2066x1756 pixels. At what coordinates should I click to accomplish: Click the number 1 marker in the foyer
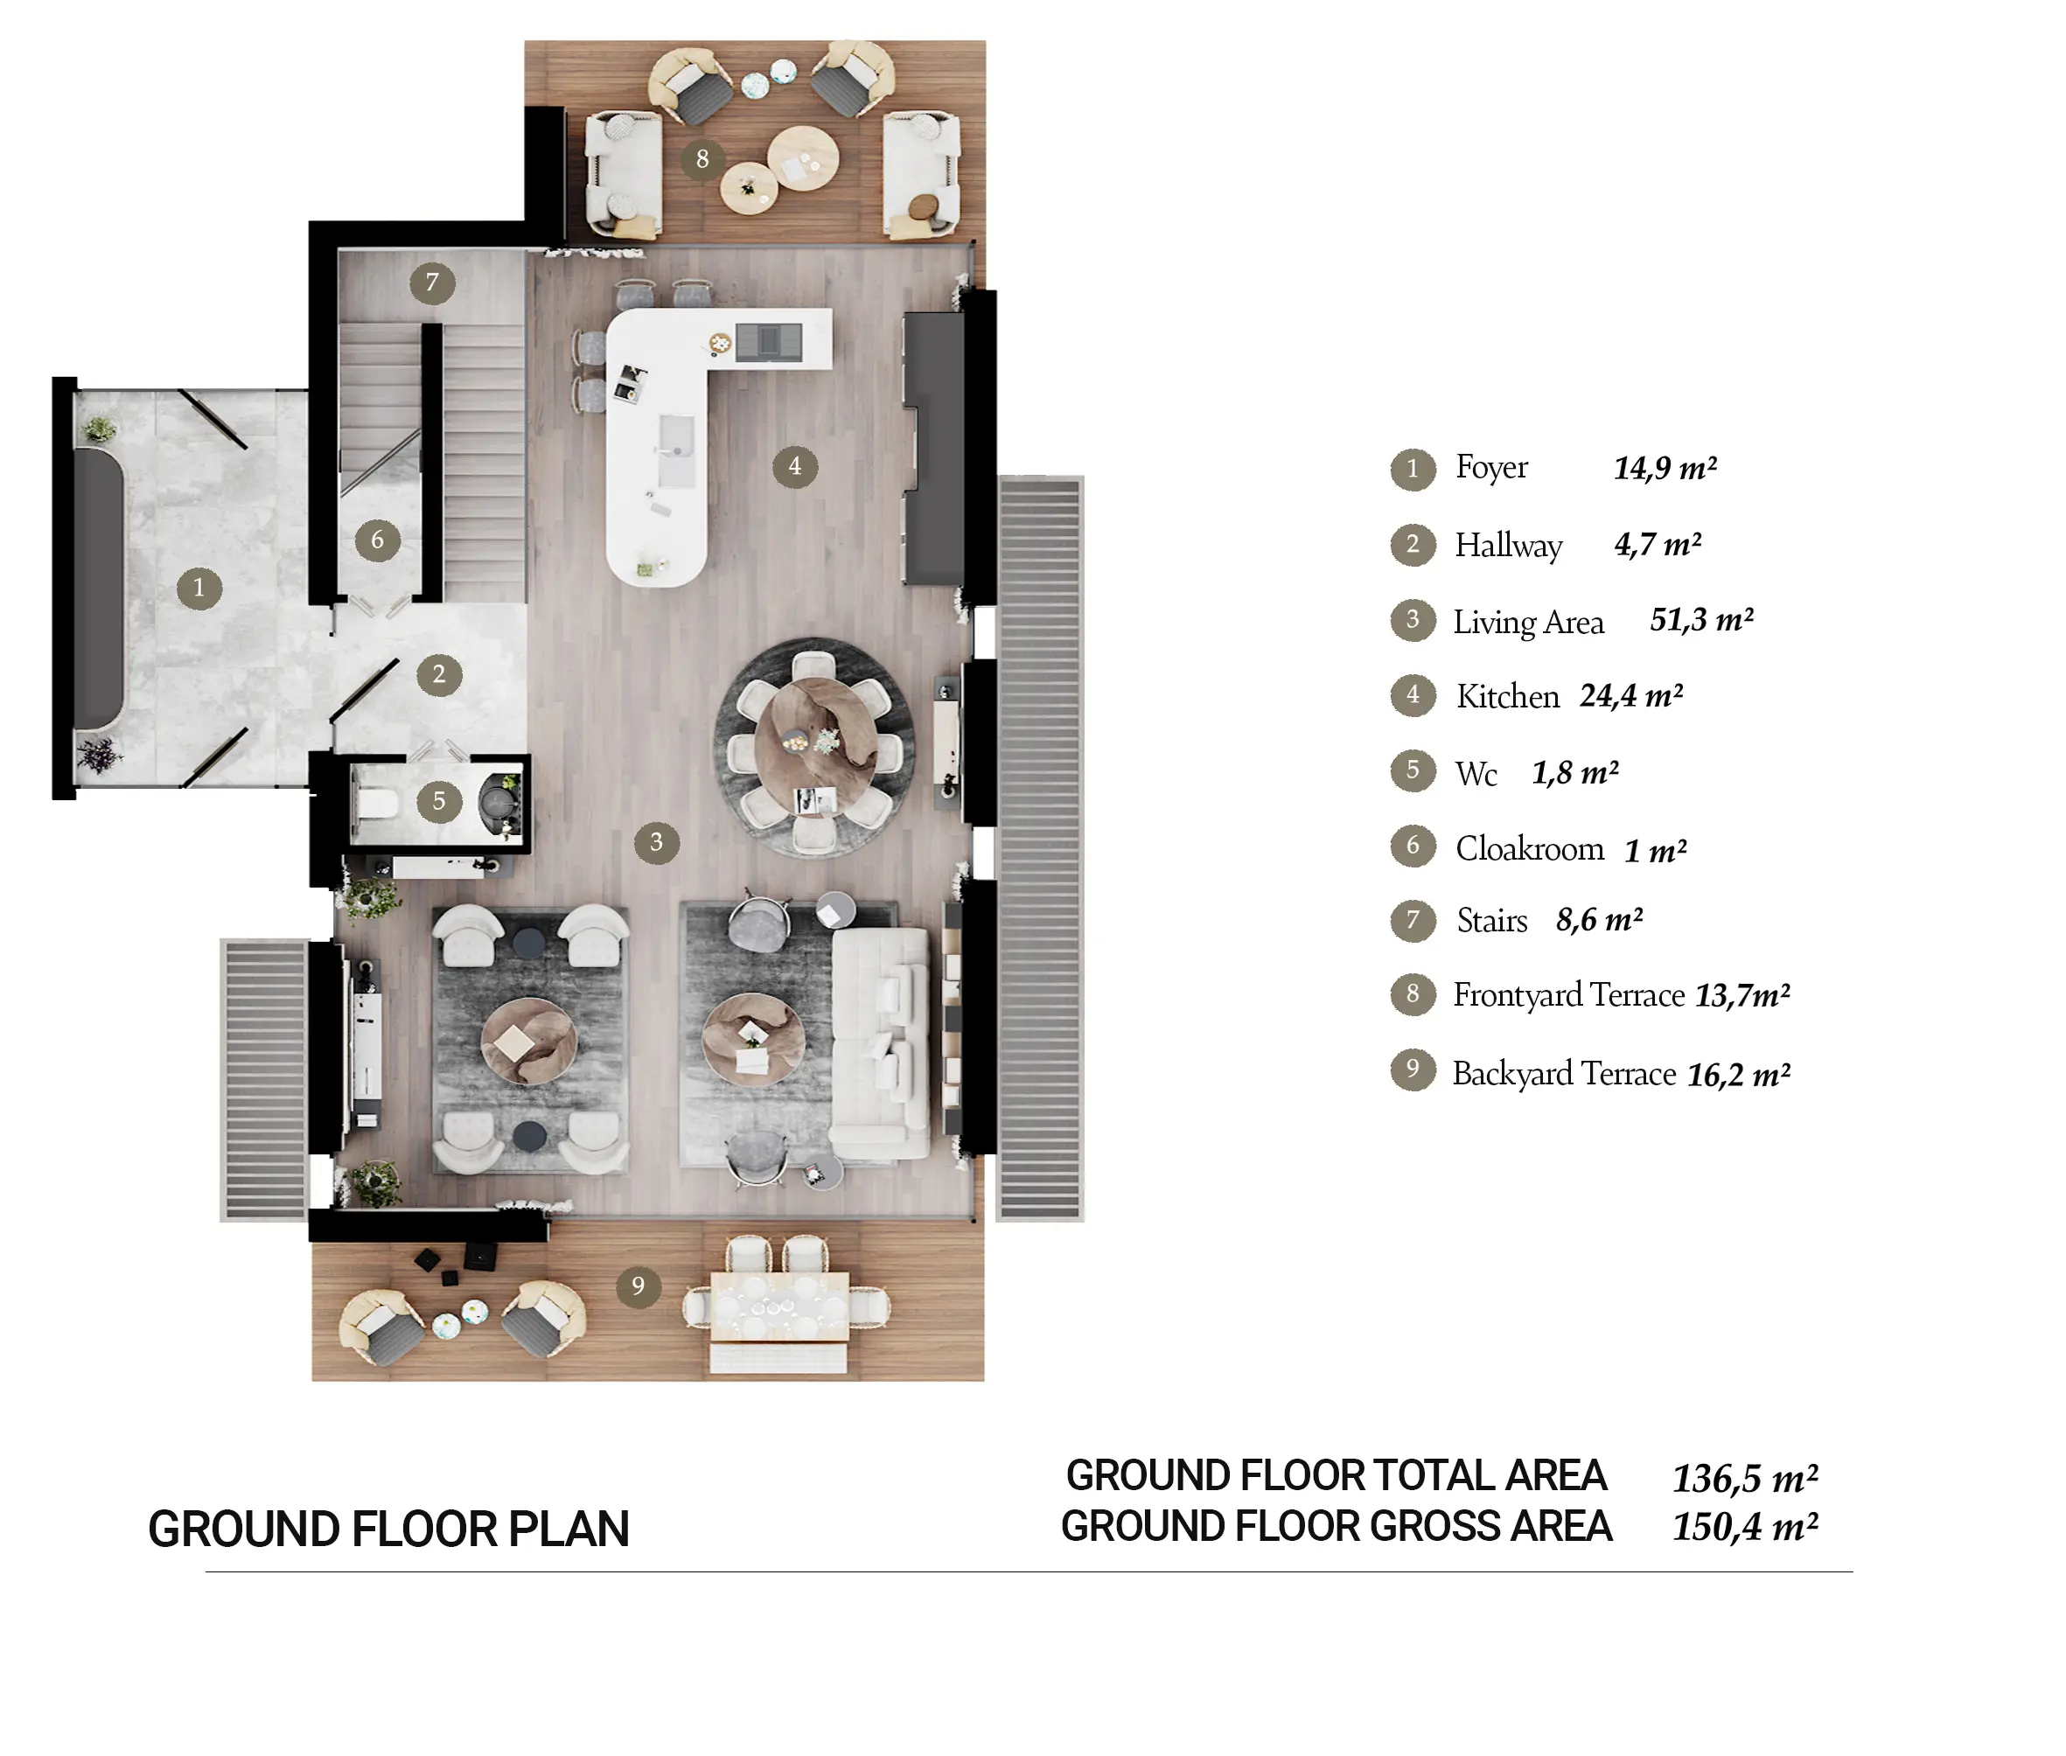point(199,588)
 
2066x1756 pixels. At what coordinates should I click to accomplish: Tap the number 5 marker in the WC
point(438,800)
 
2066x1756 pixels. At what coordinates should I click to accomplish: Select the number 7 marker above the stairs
point(432,282)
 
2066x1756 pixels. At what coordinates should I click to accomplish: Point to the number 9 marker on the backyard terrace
point(639,1286)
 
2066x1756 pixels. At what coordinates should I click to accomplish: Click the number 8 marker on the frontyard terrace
point(703,158)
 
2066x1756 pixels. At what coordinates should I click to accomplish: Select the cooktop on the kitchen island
point(769,341)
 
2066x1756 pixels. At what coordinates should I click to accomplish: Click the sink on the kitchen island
point(677,450)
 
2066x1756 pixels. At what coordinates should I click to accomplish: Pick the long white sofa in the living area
point(880,1043)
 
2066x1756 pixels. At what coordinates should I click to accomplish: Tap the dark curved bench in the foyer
point(99,588)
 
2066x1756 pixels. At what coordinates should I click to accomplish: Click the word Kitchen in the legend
point(1507,697)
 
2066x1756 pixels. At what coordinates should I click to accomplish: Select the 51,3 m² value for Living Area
point(1701,620)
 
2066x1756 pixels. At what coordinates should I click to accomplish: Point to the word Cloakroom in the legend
point(1529,848)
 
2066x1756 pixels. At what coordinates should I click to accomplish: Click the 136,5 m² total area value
point(1745,1478)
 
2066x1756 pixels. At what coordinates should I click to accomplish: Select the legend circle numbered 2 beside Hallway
point(1413,545)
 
